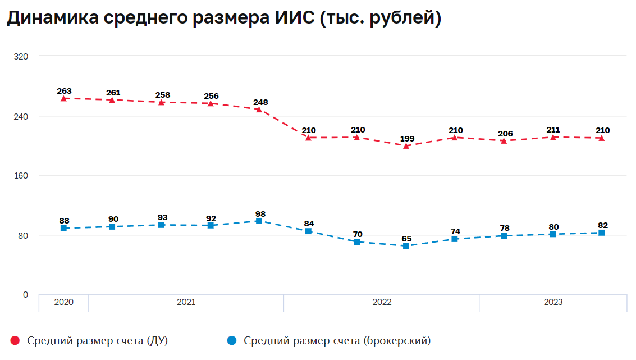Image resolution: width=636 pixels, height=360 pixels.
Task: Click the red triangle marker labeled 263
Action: click(64, 98)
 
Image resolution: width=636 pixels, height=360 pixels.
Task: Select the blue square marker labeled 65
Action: click(406, 246)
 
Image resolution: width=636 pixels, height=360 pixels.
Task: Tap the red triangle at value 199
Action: click(406, 146)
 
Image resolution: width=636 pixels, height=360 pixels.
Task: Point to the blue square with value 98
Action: click(259, 221)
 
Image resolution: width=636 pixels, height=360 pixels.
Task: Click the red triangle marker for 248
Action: click(259, 110)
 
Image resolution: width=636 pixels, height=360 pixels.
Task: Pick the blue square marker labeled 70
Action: click(357, 242)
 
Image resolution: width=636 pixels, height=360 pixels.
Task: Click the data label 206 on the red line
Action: click(505, 134)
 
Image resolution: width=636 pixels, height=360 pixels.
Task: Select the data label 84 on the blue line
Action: click(309, 224)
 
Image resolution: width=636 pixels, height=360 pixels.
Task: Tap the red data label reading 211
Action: click(553, 130)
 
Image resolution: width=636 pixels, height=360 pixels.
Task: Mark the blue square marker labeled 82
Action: click(601, 233)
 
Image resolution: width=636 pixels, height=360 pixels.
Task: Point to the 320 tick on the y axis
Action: click(21, 56)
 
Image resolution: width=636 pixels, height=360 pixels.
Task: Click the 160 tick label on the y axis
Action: click(21, 176)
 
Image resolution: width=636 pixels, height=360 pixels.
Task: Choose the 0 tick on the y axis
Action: click(25, 295)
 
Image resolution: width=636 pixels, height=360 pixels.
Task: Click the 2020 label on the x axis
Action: click(63, 302)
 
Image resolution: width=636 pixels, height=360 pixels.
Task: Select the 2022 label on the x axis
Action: click(382, 302)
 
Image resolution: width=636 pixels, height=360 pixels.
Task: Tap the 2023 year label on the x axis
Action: click(553, 302)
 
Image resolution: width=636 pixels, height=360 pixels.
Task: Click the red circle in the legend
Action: click(15, 340)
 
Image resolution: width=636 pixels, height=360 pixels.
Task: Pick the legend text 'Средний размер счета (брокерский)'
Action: click(337, 340)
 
